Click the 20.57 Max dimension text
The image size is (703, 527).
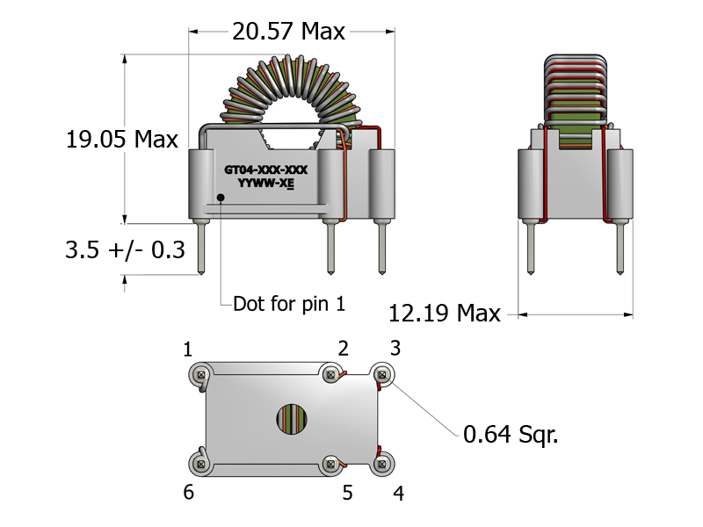(x=288, y=32)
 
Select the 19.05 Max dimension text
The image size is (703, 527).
(x=122, y=139)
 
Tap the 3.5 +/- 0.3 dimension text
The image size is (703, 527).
(x=125, y=250)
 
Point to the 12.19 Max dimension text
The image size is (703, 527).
(x=444, y=314)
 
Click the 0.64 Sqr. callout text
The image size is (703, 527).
(x=511, y=434)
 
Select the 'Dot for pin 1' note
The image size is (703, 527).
(x=289, y=304)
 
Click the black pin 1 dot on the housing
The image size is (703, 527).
(x=220, y=196)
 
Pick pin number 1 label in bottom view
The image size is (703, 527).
(x=188, y=350)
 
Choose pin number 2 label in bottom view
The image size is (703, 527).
(x=344, y=348)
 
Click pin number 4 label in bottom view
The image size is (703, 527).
(x=398, y=494)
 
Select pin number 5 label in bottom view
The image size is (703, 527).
(x=347, y=494)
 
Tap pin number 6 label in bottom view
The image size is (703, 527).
(x=188, y=493)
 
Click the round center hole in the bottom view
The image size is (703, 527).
(x=294, y=419)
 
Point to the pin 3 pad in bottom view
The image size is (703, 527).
(x=382, y=375)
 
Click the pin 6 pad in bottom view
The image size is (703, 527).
(x=201, y=462)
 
